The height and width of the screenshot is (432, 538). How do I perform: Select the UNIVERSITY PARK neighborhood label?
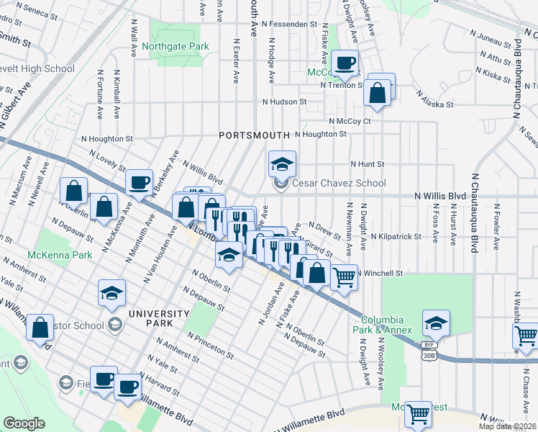pos(159,314)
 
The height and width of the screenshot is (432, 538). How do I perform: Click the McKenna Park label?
pos(60,256)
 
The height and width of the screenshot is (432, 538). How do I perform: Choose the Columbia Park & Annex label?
pos(387,325)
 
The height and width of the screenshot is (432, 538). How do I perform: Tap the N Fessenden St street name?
pos(290,24)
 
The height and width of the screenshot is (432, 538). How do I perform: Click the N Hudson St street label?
pos(285,102)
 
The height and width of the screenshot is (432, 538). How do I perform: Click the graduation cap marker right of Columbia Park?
pos(436,323)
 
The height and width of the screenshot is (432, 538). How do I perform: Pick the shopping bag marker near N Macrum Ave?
pos(73,191)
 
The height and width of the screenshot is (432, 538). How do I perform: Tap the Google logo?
pos(24,423)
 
